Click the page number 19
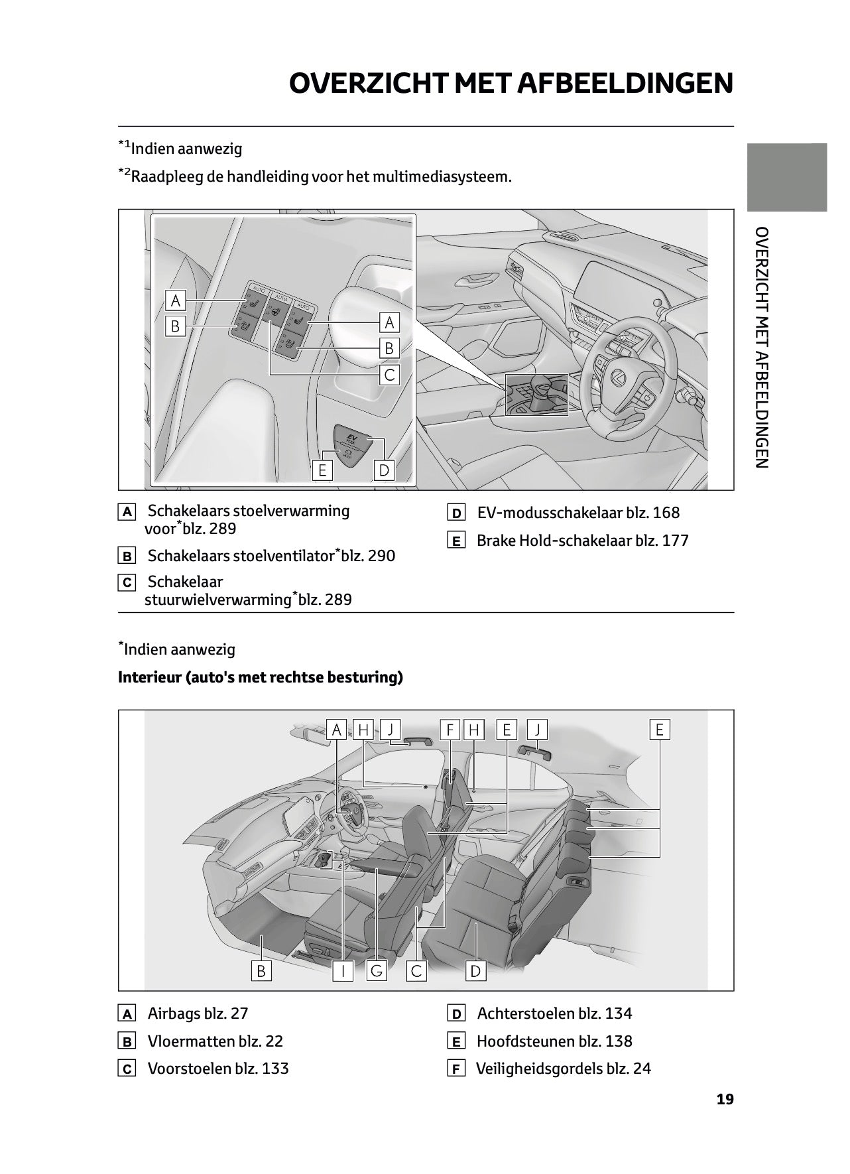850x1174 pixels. click(725, 1099)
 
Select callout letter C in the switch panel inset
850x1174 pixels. click(389, 375)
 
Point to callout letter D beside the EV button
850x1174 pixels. click(384, 470)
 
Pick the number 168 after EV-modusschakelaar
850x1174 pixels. click(666, 513)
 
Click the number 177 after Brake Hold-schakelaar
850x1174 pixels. click(675, 541)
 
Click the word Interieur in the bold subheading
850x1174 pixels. click(149, 677)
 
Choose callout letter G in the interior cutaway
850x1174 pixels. click(377, 972)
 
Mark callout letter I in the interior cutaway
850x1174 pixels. click(343, 972)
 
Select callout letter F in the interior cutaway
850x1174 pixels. click(450, 730)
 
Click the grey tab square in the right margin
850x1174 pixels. click(787, 177)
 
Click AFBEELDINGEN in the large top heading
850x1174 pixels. click(625, 84)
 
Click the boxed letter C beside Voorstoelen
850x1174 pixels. click(126, 1069)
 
